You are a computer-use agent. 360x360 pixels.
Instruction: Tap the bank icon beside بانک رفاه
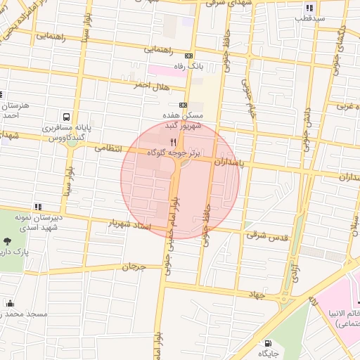[x=188, y=56]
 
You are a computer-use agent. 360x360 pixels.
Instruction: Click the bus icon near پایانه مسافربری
[x=65, y=117]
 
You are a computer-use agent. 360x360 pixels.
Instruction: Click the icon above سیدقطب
[x=310, y=7]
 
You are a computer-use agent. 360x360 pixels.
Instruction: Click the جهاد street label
[x=255, y=295]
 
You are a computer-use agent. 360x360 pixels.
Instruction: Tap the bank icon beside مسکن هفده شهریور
[x=183, y=105]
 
